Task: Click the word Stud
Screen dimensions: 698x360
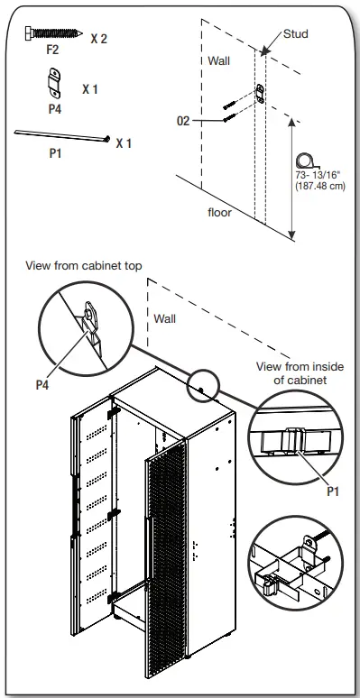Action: [x=295, y=34]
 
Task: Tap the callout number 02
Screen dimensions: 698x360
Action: [x=183, y=120]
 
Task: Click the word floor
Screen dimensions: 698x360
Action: [x=219, y=213]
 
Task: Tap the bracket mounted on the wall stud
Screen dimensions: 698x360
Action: [x=261, y=93]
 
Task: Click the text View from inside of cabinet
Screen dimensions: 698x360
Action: [x=295, y=372]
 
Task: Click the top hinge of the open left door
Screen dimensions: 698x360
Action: [x=114, y=411]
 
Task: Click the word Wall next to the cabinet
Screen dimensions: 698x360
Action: [x=165, y=318]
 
